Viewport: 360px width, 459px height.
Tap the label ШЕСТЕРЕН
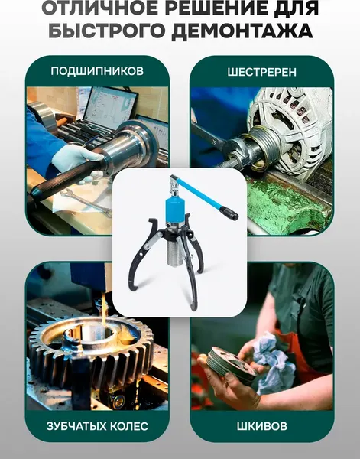(x=262, y=71)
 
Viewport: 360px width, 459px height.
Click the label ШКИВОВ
(x=262, y=425)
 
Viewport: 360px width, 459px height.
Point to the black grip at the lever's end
(x=229, y=214)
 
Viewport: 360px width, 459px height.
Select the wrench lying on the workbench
(x=83, y=203)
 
